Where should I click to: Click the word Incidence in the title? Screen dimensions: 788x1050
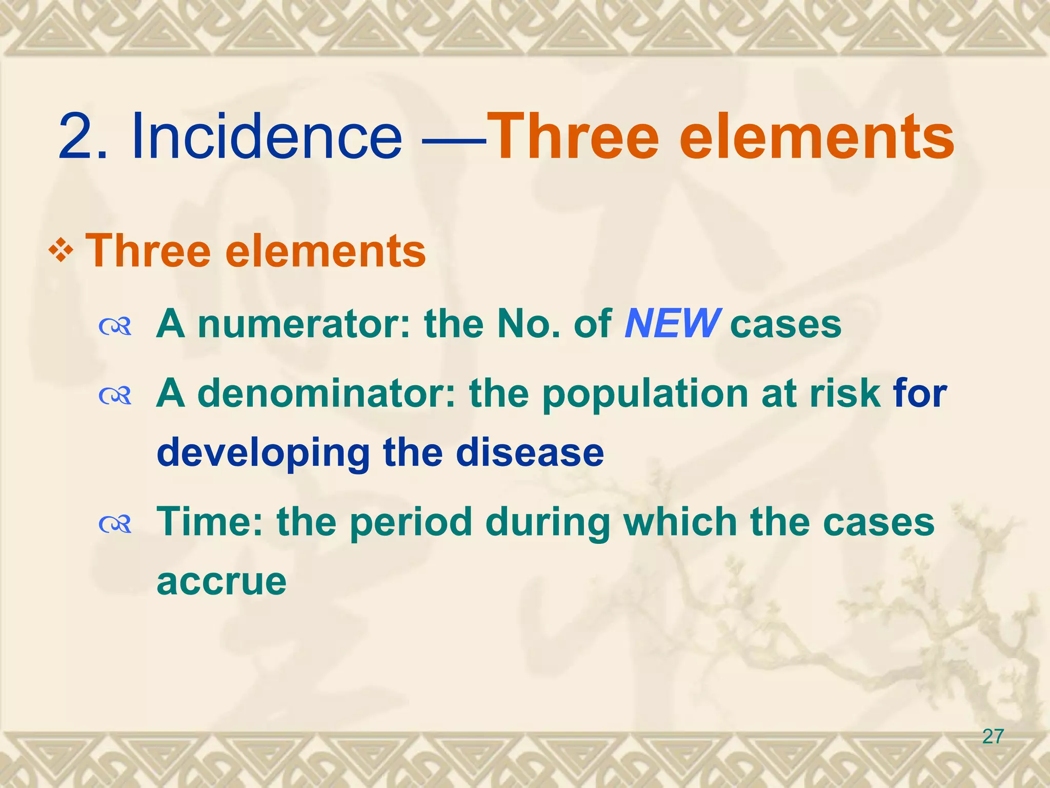tap(267, 137)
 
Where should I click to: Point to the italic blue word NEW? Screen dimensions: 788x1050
tap(672, 324)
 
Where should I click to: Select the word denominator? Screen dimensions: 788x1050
tap(326, 393)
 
